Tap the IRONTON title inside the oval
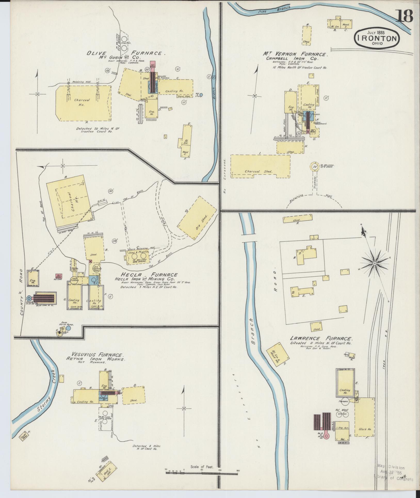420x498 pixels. [x=377, y=38]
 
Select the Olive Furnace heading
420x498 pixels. [x=126, y=53]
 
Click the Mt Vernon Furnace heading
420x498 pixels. [x=295, y=55]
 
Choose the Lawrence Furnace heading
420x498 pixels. [x=321, y=339]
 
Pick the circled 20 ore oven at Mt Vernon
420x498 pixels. [x=314, y=167]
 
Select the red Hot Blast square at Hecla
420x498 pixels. [x=59, y=276]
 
